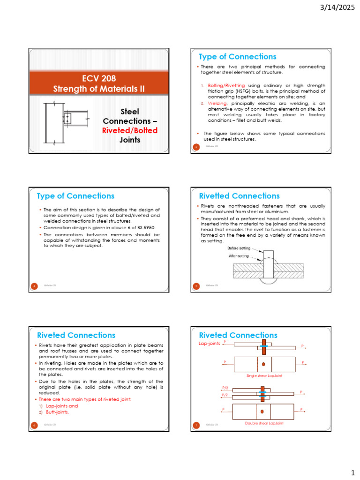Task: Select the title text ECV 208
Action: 96,78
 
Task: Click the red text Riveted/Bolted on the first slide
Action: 130,130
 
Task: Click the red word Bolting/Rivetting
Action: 226,85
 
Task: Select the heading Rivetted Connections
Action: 239,196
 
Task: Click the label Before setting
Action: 239,248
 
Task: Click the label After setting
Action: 239,256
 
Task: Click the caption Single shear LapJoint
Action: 264,376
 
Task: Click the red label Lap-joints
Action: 209,344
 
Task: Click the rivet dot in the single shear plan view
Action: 264,364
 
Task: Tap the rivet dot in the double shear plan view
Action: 262,412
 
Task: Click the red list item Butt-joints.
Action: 57,412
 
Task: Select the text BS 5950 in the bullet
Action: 145,227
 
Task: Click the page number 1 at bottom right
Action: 352,471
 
